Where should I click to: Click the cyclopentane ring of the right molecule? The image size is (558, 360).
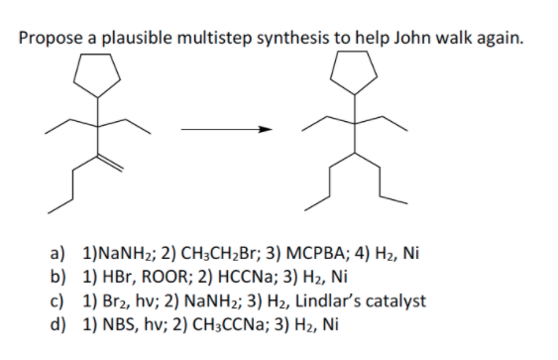tap(354, 68)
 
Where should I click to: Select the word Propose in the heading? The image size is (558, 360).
tap(53, 39)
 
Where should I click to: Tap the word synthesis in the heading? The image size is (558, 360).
tap(301, 39)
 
